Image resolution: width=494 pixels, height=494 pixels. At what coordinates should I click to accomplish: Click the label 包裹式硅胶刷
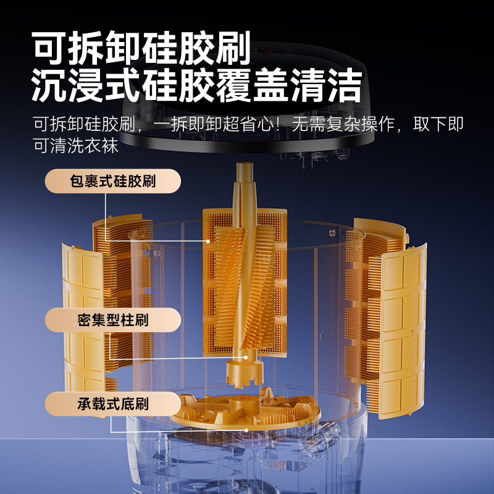click(x=113, y=181)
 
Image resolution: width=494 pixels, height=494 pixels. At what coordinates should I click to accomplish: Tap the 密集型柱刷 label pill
click(x=113, y=320)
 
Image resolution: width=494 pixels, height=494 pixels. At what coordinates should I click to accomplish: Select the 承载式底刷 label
click(x=113, y=404)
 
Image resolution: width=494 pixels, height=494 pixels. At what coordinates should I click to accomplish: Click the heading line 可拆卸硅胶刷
click(x=141, y=48)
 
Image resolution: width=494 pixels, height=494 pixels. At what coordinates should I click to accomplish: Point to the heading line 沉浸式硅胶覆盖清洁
click(x=197, y=85)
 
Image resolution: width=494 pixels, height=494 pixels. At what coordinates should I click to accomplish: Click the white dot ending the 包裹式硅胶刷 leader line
click(x=208, y=241)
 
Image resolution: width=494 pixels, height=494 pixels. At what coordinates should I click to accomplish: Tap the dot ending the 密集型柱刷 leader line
click(x=246, y=358)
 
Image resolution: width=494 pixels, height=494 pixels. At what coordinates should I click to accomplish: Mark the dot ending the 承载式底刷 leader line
click(x=246, y=430)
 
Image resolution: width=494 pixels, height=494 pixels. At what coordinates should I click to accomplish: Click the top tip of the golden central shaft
click(x=245, y=163)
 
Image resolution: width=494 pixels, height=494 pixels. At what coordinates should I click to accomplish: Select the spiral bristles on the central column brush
click(x=245, y=287)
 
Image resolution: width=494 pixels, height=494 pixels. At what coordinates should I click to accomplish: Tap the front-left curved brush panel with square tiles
click(x=83, y=318)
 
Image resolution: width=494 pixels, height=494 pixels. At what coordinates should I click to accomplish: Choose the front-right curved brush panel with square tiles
click(x=403, y=331)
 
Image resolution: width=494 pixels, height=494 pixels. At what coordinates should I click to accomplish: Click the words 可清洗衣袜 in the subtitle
click(x=76, y=146)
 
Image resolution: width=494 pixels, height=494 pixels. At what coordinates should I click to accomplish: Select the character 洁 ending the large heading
click(x=345, y=85)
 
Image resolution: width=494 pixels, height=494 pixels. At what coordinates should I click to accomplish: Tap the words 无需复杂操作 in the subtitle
click(x=343, y=124)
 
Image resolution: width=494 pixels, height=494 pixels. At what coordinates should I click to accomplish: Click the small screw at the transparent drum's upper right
click(x=332, y=233)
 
